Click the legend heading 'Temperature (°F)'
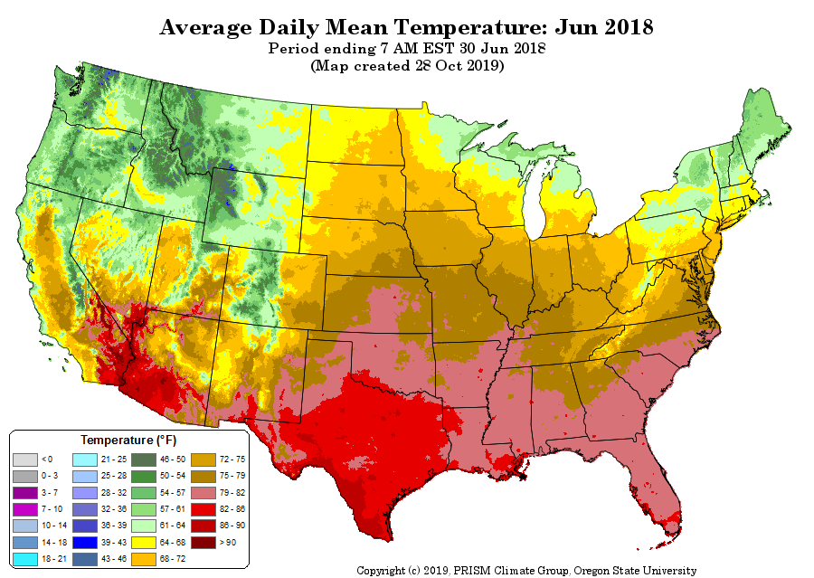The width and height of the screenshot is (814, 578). pyautogui.click(x=128, y=441)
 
